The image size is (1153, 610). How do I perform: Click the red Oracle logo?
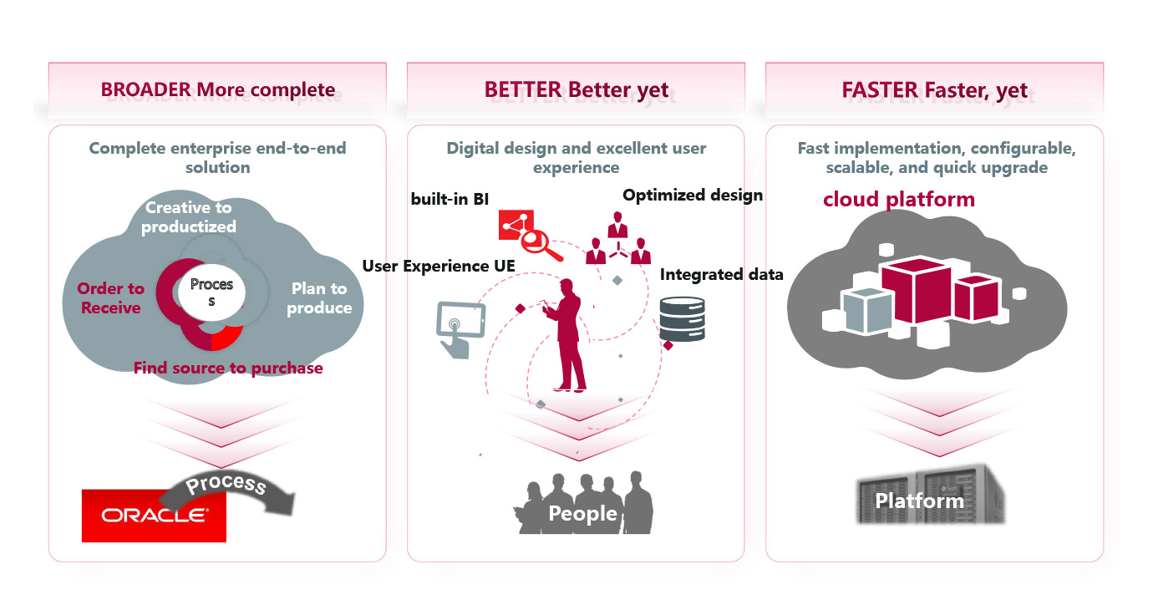(154, 515)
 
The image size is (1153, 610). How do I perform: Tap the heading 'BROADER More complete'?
(217, 90)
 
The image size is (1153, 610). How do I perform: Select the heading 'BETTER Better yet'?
(576, 90)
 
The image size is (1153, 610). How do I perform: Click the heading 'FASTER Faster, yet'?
(934, 90)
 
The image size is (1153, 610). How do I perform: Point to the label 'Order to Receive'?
(110, 298)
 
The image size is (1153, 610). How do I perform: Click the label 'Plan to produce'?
(319, 298)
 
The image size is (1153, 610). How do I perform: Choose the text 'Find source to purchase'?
(228, 368)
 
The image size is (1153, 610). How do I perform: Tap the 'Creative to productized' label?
(188, 217)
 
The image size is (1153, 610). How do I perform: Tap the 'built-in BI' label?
(450, 199)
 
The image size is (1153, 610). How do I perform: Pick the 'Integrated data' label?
(721, 274)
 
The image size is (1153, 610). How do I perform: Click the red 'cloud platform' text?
(898, 199)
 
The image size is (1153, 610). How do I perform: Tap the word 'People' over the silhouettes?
(582, 513)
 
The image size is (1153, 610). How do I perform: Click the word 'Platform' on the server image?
(919, 501)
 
